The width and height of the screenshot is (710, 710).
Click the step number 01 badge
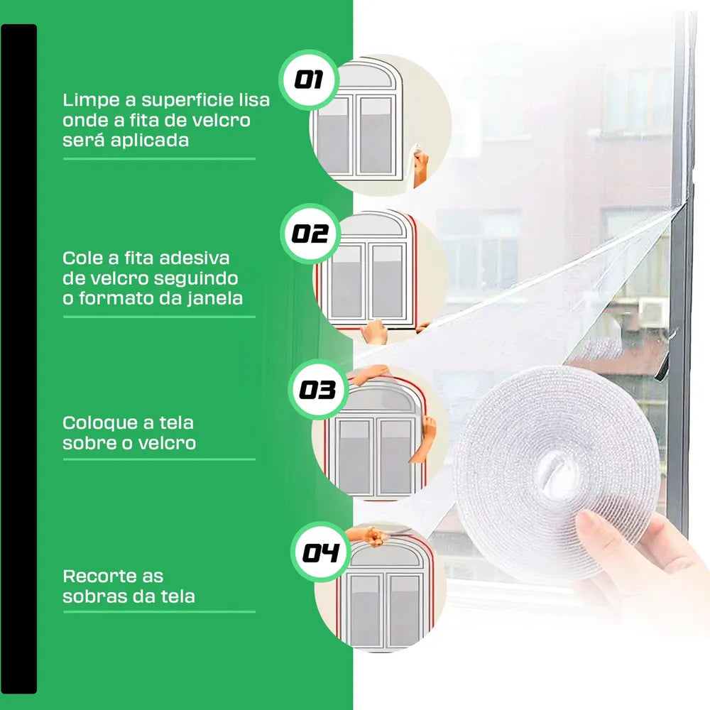click(309, 80)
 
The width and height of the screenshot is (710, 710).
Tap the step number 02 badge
click(310, 234)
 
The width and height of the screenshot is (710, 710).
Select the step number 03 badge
click(318, 389)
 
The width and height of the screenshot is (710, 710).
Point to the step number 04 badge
click(321, 552)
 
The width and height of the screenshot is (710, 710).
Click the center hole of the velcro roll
click(557, 474)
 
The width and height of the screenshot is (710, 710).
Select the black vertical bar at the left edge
click(18, 359)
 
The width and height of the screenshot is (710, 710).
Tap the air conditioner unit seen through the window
click(652, 312)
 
